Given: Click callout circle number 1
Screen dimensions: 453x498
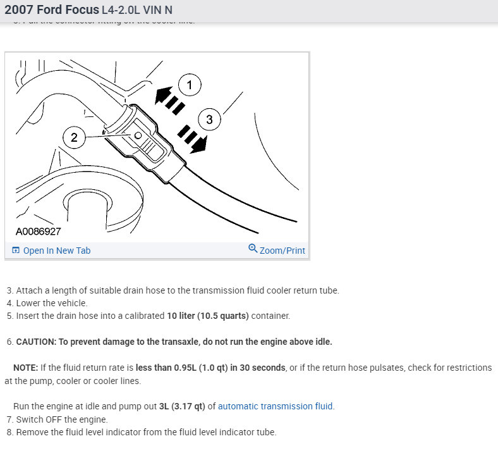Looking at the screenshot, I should [190, 85].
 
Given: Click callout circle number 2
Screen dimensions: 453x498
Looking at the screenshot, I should [75, 137].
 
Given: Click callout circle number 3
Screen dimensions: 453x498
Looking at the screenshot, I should [209, 118].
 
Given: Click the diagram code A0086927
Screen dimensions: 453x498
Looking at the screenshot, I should [38, 232].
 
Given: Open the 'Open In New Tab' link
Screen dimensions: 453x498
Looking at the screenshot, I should [56, 251].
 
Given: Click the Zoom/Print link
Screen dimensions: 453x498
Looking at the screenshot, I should [282, 251].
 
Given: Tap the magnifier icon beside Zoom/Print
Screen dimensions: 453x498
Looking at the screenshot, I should [253, 249].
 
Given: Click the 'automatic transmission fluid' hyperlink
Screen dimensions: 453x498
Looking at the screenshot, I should [276, 406].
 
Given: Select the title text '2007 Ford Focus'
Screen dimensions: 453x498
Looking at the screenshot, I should [52, 11].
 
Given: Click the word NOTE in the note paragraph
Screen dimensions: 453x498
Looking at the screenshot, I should [25, 368].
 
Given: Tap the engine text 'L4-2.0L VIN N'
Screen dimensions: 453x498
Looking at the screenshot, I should [137, 11].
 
